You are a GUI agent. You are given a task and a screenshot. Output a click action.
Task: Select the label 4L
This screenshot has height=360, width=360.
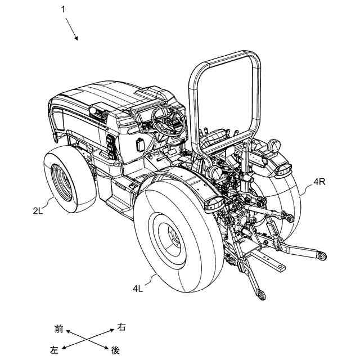pyautogui.click(x=138, y=289)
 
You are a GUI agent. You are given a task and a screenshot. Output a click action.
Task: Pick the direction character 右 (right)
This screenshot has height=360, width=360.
pyautogui.click(x=121, y=327)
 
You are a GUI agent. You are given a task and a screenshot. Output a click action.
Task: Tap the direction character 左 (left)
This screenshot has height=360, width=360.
pyautogui.click(x=54, y=350)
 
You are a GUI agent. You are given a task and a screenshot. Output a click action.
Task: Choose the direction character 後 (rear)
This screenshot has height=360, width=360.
pyautogui.click(x=115, y=350)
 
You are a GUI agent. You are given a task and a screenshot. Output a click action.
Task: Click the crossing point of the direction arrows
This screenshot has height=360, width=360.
pyautogui.click(x=87, y=339)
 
